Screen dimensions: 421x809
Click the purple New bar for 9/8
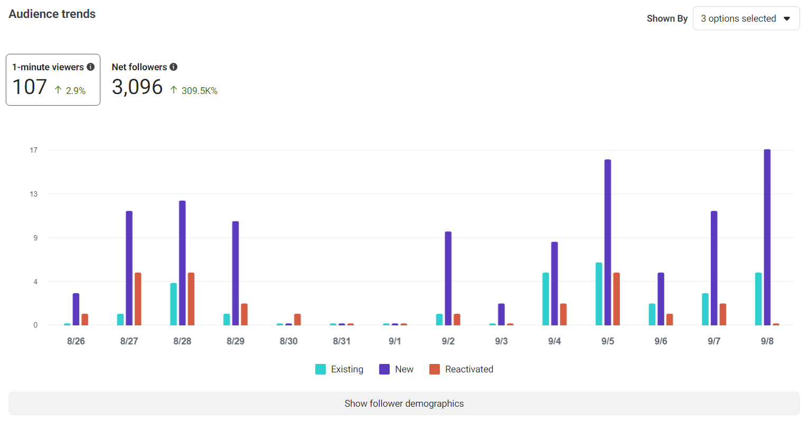767,238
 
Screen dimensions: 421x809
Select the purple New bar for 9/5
607,242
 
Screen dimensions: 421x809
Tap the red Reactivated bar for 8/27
138,299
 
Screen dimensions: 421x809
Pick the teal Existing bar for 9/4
545,299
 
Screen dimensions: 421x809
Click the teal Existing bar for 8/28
173,304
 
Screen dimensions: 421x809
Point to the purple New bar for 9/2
448,278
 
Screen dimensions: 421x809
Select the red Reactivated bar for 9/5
616,299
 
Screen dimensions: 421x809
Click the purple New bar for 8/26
76,310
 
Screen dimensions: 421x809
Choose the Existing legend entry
340,369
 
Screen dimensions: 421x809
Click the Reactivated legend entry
462,369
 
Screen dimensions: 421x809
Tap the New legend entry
397,369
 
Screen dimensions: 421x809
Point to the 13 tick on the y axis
34,194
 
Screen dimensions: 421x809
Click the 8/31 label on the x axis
342,341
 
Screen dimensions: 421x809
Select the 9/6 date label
661,341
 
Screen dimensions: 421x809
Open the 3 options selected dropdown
746,18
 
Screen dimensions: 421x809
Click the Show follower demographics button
404,404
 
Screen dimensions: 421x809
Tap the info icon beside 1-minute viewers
91,67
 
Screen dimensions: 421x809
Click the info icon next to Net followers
174,67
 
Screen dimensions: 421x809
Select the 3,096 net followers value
137,87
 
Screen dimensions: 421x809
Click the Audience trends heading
52,14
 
